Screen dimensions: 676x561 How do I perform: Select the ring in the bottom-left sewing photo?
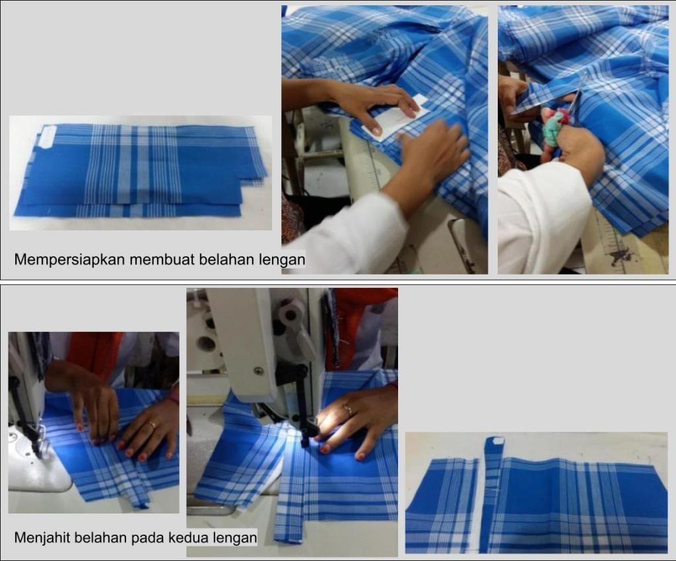[152, 424]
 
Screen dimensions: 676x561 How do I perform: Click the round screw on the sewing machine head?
[259, 370]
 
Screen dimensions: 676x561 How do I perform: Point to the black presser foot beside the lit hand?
[304, 424]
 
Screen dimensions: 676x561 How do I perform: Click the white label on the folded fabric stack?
[45, 139]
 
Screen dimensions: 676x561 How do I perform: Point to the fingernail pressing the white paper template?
[376, 129]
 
